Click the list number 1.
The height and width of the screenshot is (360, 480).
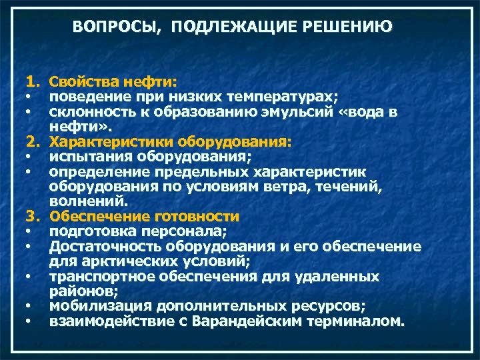32,82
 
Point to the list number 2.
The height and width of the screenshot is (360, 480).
32,142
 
